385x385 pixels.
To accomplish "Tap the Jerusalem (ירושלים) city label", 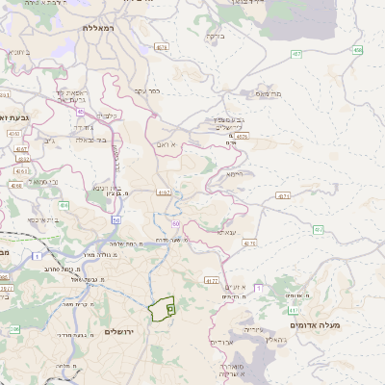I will [124, 331].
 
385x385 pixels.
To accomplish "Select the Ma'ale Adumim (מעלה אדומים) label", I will [346, 324].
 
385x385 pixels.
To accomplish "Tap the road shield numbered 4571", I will [283, 196].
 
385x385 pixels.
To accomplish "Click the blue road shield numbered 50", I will [115, 219].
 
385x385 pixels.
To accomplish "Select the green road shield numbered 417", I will [319, 230].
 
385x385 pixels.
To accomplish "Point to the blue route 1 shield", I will [36, 256].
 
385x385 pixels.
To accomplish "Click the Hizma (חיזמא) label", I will [235, 174].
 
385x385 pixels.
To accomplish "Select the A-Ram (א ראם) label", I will [170, 143].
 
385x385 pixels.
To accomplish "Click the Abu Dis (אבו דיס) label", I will [223, 341].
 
